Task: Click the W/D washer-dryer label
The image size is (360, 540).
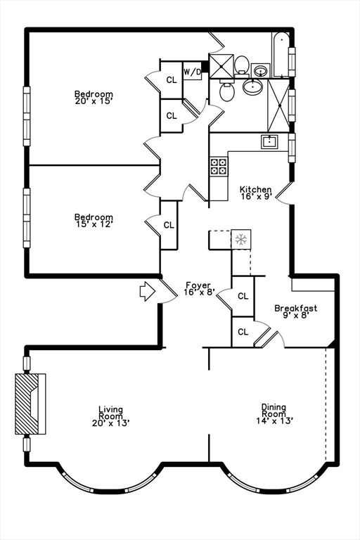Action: point(192,72)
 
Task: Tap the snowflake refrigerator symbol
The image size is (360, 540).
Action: point(240,239)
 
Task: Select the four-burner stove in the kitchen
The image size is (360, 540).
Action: point(219,167)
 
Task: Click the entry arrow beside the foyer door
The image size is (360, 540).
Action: point(148,291)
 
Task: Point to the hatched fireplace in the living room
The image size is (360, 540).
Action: point(30,404)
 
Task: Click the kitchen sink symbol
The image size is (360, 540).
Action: point(269,141)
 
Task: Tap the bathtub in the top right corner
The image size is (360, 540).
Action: point(281,55)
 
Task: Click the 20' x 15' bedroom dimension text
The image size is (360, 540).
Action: point(94,101)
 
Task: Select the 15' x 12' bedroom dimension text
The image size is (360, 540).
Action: point(94,224)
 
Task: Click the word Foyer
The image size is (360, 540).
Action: point(198,285)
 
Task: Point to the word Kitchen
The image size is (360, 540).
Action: point(256,189)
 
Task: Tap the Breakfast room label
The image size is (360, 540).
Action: point(295,308)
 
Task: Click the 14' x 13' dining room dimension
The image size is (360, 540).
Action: point(274,420)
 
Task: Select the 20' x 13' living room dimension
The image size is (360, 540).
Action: point(110,423)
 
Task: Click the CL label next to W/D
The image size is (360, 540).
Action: point(172,80)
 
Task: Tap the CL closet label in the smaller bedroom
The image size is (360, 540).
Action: point(169,225)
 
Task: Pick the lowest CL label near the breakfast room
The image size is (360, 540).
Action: point(243,332)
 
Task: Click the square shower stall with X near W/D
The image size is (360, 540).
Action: point(221,67)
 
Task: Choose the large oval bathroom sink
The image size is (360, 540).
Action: point(254,86)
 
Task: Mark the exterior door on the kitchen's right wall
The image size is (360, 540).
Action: point(283,193)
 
